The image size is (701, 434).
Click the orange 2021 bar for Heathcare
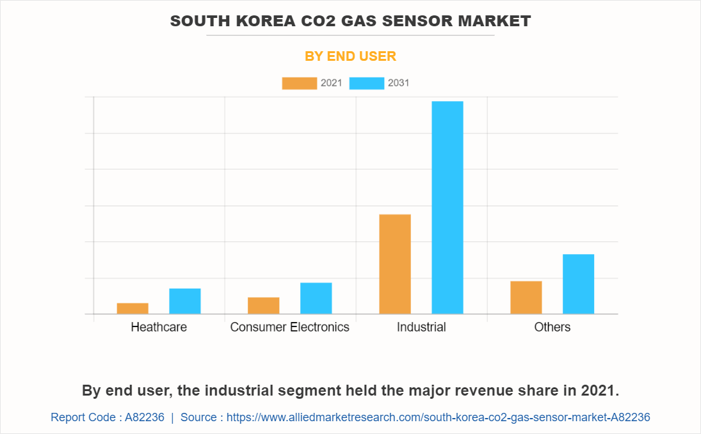pyautogui.click(x=133, y=309)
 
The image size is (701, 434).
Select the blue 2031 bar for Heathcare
pyautogui.click(x=185, y=301)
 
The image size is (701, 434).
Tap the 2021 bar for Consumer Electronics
pyautogui.click(x=264, y=305)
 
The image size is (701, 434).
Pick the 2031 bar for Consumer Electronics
pyautogui.click(x=316, y=298)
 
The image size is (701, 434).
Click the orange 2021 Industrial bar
pyautogui.click(x=395, y=264)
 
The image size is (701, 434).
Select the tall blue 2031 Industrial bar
pyautogui.click(x=447, y=207)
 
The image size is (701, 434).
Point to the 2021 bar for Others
pyautogui.click(x=526, y=298)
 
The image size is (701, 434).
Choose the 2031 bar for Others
pyautogui.click(x=579, y=284)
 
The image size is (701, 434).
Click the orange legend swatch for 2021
pyautogui.click(x=299, y=83)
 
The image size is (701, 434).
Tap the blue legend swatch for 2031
pyautogui.click(x=367, y=83)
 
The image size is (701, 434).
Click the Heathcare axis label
pyautogui.click(x=159, y=327)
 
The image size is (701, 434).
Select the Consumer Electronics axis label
pyautogui.click(x=290, y=327)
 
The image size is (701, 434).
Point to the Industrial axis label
pyautogui.click(x=421, y=327)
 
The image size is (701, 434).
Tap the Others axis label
pyautogui.click(x=552, y=327)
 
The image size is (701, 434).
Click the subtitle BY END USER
pyautogui.click(x=350, y=56)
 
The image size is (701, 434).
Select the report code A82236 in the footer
pyautogui.click(x=145, y=417)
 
